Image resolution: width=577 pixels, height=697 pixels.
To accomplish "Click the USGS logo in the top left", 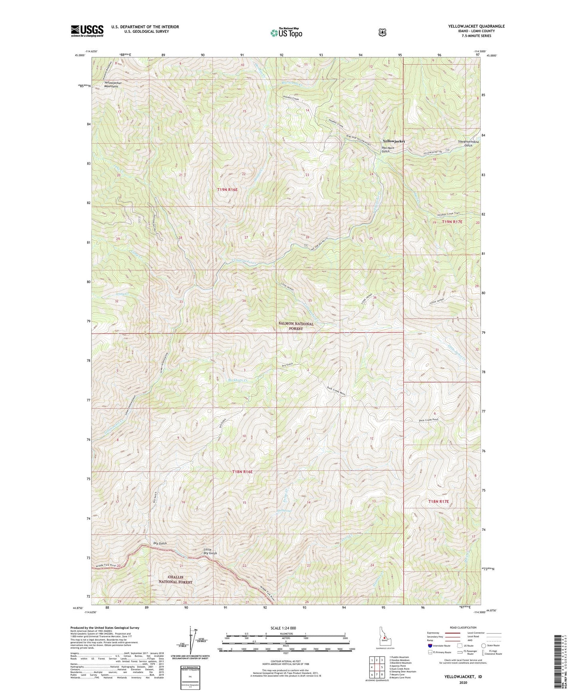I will tap(87, 31).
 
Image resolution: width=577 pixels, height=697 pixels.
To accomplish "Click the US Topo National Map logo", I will tap(286, 32).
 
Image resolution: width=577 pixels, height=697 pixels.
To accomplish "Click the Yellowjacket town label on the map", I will tap(394, 141).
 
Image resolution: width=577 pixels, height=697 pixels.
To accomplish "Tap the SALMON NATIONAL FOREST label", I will tap(296, 326).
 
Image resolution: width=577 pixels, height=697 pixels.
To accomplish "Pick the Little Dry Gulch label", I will tap(210, 551).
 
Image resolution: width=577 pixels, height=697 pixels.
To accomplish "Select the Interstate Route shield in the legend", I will tap(430, 646).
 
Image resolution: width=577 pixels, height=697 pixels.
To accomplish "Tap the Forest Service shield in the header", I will tap(382, 32).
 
